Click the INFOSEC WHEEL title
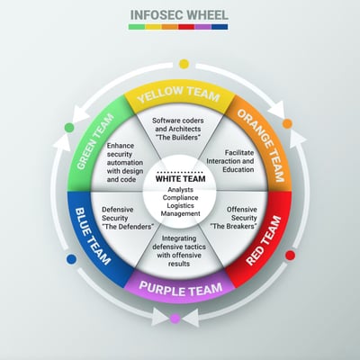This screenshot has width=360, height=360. click(179, 15)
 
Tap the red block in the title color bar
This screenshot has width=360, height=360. click(186, 27)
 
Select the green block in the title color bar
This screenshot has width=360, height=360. click(137, 27)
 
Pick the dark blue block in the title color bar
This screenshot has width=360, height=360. click(220, 27)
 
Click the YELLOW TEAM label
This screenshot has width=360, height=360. click(179, 94)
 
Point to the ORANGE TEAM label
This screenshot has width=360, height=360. click(261, 146)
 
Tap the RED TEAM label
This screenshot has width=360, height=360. click(264, 240)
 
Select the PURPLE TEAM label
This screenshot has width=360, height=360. click(181, 289)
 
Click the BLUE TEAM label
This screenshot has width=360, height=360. click(92, 236)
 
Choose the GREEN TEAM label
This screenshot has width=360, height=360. click(95, 141)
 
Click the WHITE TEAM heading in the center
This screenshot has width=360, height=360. click(181, 179)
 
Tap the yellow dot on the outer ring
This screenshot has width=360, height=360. click(184, 64)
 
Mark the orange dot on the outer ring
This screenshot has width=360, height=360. click(287, 123)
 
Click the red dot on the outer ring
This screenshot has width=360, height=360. click(290, 256)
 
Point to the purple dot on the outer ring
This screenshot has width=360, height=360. click(175, 319)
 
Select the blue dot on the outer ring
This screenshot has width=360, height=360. click(71, 259)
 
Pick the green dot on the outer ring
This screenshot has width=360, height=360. click(69, 128)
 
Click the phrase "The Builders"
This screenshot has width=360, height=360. click(178, 138)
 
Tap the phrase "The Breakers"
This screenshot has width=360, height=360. click(234, 226)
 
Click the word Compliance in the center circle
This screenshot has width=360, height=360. click(180, 198)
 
